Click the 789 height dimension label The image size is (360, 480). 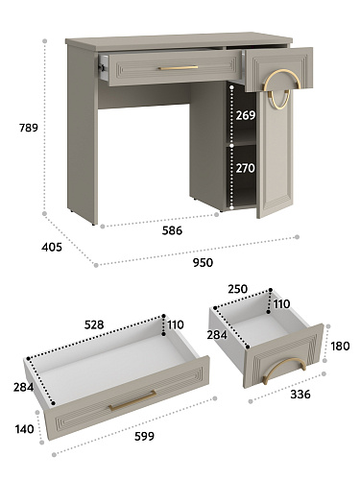click(x=29, y=128)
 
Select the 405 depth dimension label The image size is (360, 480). click(x=52, y=247)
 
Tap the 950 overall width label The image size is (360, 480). click(x=203, y=263)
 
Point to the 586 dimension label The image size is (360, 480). click(x=172, y=230)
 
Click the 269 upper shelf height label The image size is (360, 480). click(x=246, y=115)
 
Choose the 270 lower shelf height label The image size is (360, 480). click(x=246, y=168)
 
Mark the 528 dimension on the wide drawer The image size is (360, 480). click(x=94, y=324)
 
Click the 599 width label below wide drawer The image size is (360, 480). click(x=144, y=436)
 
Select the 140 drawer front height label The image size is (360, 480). click(x=24, y=429)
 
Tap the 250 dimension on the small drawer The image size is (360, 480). click(x=238, y=289)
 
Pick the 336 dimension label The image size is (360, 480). click(x=300, y=395)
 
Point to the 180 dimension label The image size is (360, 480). click(x=340, y=347)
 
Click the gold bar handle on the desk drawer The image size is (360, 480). click(x=179, y=68)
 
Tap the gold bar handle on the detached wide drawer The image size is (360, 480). click(x=132, y=400)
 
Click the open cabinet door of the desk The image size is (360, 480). click(x=275, y=154)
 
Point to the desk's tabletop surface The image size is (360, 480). click(x=179, y=40)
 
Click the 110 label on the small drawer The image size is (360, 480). click(x=281, y=303)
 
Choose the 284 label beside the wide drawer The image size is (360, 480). click(x=23, y=388)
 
